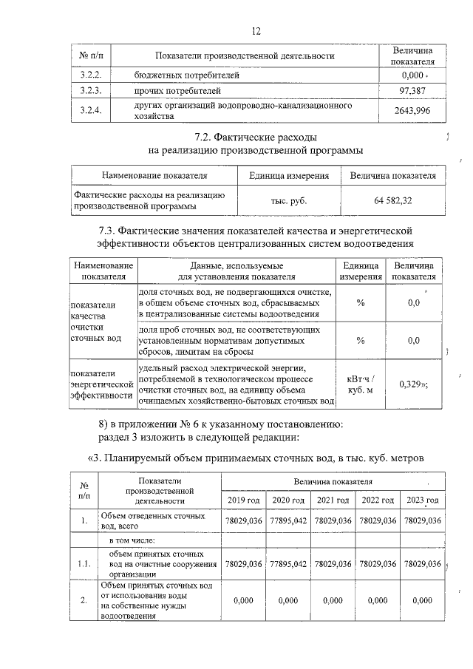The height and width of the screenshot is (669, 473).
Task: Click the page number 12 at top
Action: tap(256, 31)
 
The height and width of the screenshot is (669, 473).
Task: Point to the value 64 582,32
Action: tap(393, 200)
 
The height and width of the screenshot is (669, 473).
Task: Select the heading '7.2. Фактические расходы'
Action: tap(256, 137)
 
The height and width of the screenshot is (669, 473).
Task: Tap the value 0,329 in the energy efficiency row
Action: tap(413, 384)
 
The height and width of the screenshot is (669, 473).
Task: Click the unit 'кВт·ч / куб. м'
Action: tap(360, 384)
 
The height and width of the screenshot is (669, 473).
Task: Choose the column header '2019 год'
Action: tap(245, 500)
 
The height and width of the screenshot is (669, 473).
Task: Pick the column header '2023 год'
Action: tap(423, 500)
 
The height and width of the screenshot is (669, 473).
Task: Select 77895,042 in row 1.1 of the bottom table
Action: tap(290, 563)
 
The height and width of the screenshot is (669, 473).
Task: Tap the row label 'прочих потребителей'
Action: tap(177, 91)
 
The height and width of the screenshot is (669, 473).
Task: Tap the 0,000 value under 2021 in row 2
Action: tap(334, 600)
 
